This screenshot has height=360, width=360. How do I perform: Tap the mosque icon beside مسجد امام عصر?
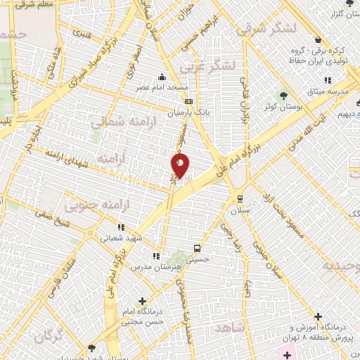tap(162, 77)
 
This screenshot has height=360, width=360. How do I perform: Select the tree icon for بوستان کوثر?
tap(283, 94)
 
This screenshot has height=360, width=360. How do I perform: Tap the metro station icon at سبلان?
tap(240, 198)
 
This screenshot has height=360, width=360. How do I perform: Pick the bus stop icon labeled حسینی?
tap(198, 248)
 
